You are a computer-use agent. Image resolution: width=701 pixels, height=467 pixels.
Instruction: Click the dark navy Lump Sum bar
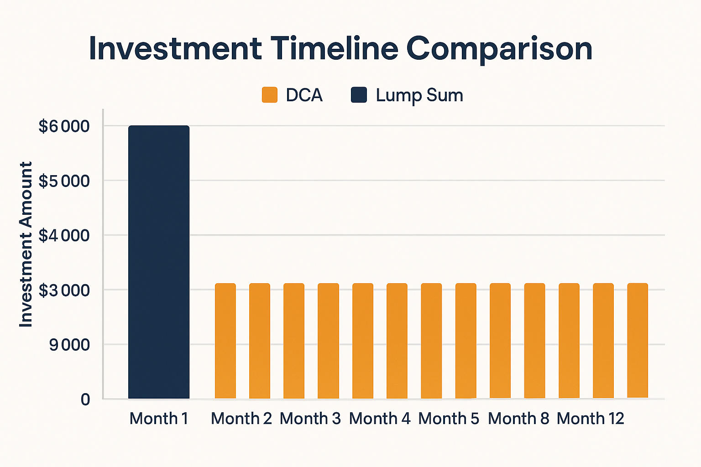tap(159, 262)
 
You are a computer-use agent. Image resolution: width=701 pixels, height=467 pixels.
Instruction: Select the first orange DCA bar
tap(225, 341)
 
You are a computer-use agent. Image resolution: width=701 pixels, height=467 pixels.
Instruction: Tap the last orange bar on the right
tap(638, 341)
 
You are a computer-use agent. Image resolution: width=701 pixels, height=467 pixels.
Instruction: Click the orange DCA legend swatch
tap(270, 95)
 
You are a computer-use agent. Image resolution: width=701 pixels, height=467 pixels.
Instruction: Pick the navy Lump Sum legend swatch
tap(359, 95)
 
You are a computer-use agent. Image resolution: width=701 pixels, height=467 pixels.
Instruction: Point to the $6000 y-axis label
tap(64, 126)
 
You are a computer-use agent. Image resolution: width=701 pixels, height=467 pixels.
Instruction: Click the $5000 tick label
tap(64, 181)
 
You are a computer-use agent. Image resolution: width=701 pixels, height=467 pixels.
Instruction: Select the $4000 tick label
tap(64, 236)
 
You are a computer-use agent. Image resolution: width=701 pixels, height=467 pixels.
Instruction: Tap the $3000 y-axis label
tap(64, 291)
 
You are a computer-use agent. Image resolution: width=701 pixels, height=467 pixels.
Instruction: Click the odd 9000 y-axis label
tap(69, 345)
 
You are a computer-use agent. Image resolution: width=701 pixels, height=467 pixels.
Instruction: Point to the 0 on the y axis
tap(85, 400)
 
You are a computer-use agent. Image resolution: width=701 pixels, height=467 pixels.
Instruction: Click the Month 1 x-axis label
tap(159, 418)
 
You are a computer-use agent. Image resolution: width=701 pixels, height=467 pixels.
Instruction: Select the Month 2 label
tap(241, 418)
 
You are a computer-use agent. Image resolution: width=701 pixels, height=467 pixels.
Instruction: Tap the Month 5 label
tap(449, 418)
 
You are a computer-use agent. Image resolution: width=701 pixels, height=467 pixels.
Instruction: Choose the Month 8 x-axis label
tap(518, 418)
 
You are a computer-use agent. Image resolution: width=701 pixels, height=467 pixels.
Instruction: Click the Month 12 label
tap(591, 418)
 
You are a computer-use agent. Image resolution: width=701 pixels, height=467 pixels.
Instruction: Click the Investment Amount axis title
tap(26, 244)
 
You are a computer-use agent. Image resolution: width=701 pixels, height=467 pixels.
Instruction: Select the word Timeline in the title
tap(334, 48)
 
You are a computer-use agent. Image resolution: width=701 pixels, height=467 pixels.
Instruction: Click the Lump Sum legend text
tap(419, 95)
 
